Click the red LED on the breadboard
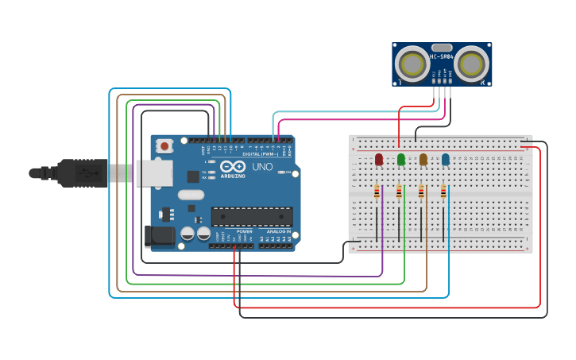(x=379, y=160)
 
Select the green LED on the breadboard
(x=400, y=160)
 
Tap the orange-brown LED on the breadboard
(x=423, y=160)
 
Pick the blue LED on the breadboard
(x=445, y=160)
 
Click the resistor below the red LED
(x=377, y=191)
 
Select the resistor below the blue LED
(x=443, y=191)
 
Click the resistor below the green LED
(x=399, y=191)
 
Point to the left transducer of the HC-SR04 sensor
(x=412, y=63)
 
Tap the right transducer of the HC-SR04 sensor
(x=471, y=63)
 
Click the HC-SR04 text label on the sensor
(x=441, y=56)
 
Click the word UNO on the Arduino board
(x=262, y=168)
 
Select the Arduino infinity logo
(x=234, y=167)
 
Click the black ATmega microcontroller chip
(x=251, y=216)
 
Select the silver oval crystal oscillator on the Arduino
(x=191, y=195)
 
